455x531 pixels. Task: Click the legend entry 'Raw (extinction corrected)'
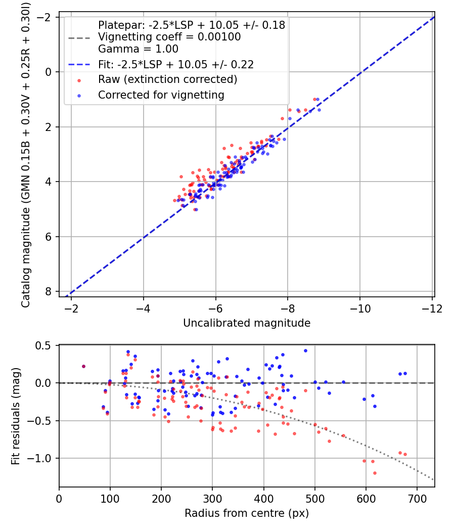click(x=167, y=79)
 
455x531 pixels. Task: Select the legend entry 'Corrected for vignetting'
click(x=161, y=95)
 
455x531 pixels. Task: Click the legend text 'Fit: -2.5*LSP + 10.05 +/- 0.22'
click(x=175, y=64)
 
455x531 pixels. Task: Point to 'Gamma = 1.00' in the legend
click(x=138, y=49)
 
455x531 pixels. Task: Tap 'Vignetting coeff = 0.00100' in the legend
click(x=169, y=37)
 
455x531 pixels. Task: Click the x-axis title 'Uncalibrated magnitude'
click(x=247, y=323)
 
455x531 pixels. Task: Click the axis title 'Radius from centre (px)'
click(x=247, y=514)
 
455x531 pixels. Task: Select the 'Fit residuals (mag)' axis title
click(x=16, y=416)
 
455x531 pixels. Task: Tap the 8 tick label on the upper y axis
click(x=49, y=291)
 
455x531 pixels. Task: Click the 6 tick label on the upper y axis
click(x=49, y=237)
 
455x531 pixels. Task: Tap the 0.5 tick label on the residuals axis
click(x=45, y=345)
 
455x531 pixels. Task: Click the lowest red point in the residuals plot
click(x=375, y=473)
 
